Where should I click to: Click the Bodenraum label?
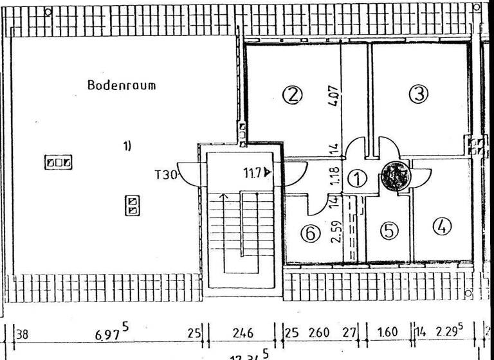122,85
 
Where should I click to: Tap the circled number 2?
292,95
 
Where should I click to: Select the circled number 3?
419,94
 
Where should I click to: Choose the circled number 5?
388,230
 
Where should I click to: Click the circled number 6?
311,234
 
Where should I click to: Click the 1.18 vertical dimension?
334,177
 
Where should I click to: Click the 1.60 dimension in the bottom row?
388,333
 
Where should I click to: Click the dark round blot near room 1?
394,174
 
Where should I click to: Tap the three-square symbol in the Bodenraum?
58,163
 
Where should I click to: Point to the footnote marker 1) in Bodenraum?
127,146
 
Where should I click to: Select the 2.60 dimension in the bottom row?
318,333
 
